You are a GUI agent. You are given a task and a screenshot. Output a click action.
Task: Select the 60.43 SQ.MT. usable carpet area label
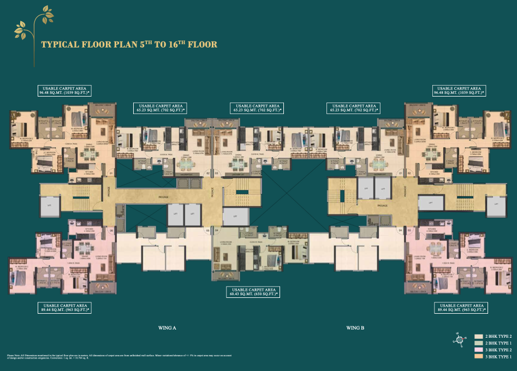pyautogui.click(x=254, y=292)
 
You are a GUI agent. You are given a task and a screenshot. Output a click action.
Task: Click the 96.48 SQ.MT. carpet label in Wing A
pyautogui.click(x=64, y=91)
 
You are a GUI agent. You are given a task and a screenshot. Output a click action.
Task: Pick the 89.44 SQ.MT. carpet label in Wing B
pyautogui.click(x=459, y=307)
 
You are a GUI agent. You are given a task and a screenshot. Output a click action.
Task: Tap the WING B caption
pyautogui.click(x=354, y=328)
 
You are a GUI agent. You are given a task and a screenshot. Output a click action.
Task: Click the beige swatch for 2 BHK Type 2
pyautogui.click(x=478, y=337)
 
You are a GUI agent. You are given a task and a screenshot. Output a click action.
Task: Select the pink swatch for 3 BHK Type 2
pyautogui.click(x=478, y=350)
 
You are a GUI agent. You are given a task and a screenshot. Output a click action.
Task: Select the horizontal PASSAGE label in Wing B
pyautogui.click(x=382, y=206)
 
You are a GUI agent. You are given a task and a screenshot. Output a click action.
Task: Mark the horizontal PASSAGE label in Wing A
pyautogui.click(x=163, y=197)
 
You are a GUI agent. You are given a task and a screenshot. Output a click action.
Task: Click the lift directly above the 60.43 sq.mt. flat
pyautogui.click(x=235, y=217)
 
